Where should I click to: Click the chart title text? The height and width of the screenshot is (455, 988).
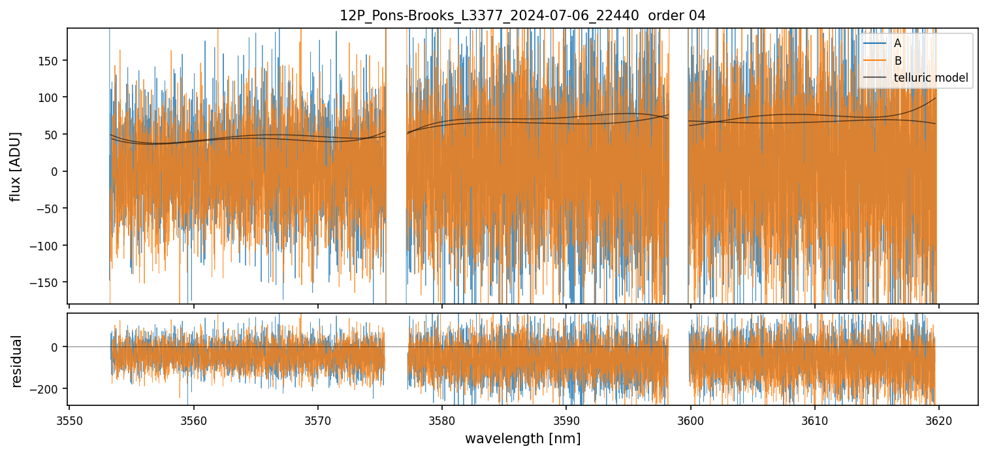522,16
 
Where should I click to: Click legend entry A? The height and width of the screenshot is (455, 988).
898,43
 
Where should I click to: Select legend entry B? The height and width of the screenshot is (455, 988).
898,61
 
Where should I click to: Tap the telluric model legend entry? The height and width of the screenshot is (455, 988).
931,78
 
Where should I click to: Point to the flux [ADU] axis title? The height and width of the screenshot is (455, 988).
15,166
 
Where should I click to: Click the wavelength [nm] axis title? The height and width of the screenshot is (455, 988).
522,439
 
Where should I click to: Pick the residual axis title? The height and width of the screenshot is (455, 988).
16,360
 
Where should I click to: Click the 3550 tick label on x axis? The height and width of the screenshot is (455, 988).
70,420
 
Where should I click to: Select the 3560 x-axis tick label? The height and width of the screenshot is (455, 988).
194,420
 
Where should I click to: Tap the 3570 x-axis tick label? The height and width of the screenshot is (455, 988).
318,420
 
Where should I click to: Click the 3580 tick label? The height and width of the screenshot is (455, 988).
442,420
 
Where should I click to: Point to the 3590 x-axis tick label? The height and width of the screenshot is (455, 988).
566,420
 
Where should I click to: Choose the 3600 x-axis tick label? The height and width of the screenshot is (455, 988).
691,420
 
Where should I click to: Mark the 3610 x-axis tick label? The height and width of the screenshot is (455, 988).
815,420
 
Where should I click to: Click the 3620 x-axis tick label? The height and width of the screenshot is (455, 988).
939,420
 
